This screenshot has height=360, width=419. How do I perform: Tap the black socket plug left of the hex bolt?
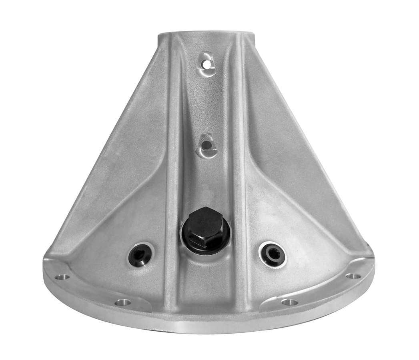pyautogui.click(x=141, y=253)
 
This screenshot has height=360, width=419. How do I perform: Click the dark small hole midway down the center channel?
pyautogui.click(x=206, y=146)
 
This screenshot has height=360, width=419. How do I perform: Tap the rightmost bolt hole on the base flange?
pyautogui.click(x=352, y=276)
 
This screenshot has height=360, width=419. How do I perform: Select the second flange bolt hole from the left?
pyautogui.click(x=123, y=302)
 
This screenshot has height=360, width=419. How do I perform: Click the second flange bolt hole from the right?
pyautogui.click(x=289, y=302)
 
